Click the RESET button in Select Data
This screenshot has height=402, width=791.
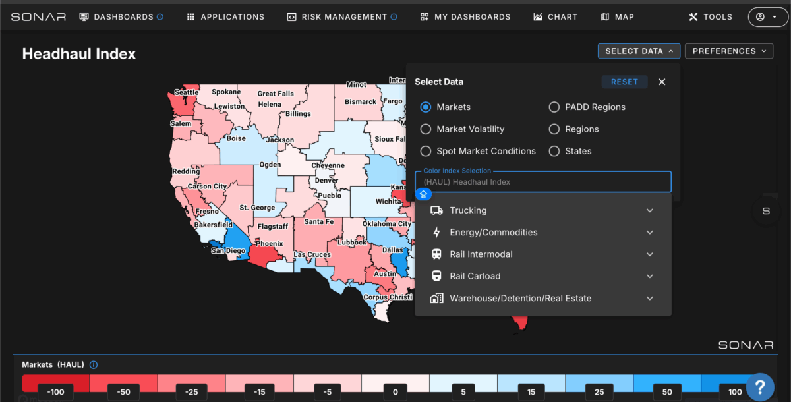click(624, 82)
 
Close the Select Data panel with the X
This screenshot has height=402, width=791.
click(662, 82)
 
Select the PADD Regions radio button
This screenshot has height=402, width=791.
click(554, 107)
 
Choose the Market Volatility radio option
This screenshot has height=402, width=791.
click(426, 129)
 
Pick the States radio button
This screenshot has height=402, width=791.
click(554, 151)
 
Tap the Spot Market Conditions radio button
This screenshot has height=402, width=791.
click(426, 151)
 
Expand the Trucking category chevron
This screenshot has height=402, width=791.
click(650, 210)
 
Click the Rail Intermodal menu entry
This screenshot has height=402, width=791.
click(481, 254)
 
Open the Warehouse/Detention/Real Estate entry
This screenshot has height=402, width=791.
click(521, 299)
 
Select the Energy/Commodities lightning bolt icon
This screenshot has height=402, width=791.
click(437, 232)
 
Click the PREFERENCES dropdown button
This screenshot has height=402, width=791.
click(729, 51)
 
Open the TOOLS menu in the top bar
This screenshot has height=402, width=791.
click(711, 17)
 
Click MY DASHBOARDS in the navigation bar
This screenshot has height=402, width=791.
click(465, 17)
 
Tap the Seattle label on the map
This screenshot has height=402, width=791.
click(187, 92)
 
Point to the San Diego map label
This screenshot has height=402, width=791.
click(228, 250)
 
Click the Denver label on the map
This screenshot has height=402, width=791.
click(327, 181)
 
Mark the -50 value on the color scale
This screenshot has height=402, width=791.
click(124, 391)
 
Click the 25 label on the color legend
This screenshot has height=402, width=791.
click(599, 391)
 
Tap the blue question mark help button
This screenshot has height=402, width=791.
click(760, 388)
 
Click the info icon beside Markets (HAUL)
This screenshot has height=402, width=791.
click(94, 365)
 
